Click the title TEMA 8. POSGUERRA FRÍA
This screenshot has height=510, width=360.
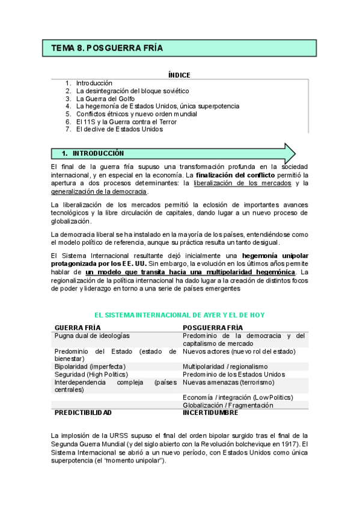click(107, 48)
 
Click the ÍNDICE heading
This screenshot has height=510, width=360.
click(179, 75)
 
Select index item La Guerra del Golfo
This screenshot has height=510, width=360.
click(105, 98)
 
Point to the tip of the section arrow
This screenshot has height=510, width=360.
click(294, 153)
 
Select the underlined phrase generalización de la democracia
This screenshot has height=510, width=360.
click(99, 191)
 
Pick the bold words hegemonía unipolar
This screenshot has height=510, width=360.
click(276, 256)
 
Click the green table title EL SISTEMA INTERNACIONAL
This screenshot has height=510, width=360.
click(180, 315)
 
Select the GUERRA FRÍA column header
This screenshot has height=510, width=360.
click(78, 327)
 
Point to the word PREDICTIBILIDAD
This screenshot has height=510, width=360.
click(83, 413)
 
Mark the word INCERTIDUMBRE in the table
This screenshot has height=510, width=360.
click(210, 413)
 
